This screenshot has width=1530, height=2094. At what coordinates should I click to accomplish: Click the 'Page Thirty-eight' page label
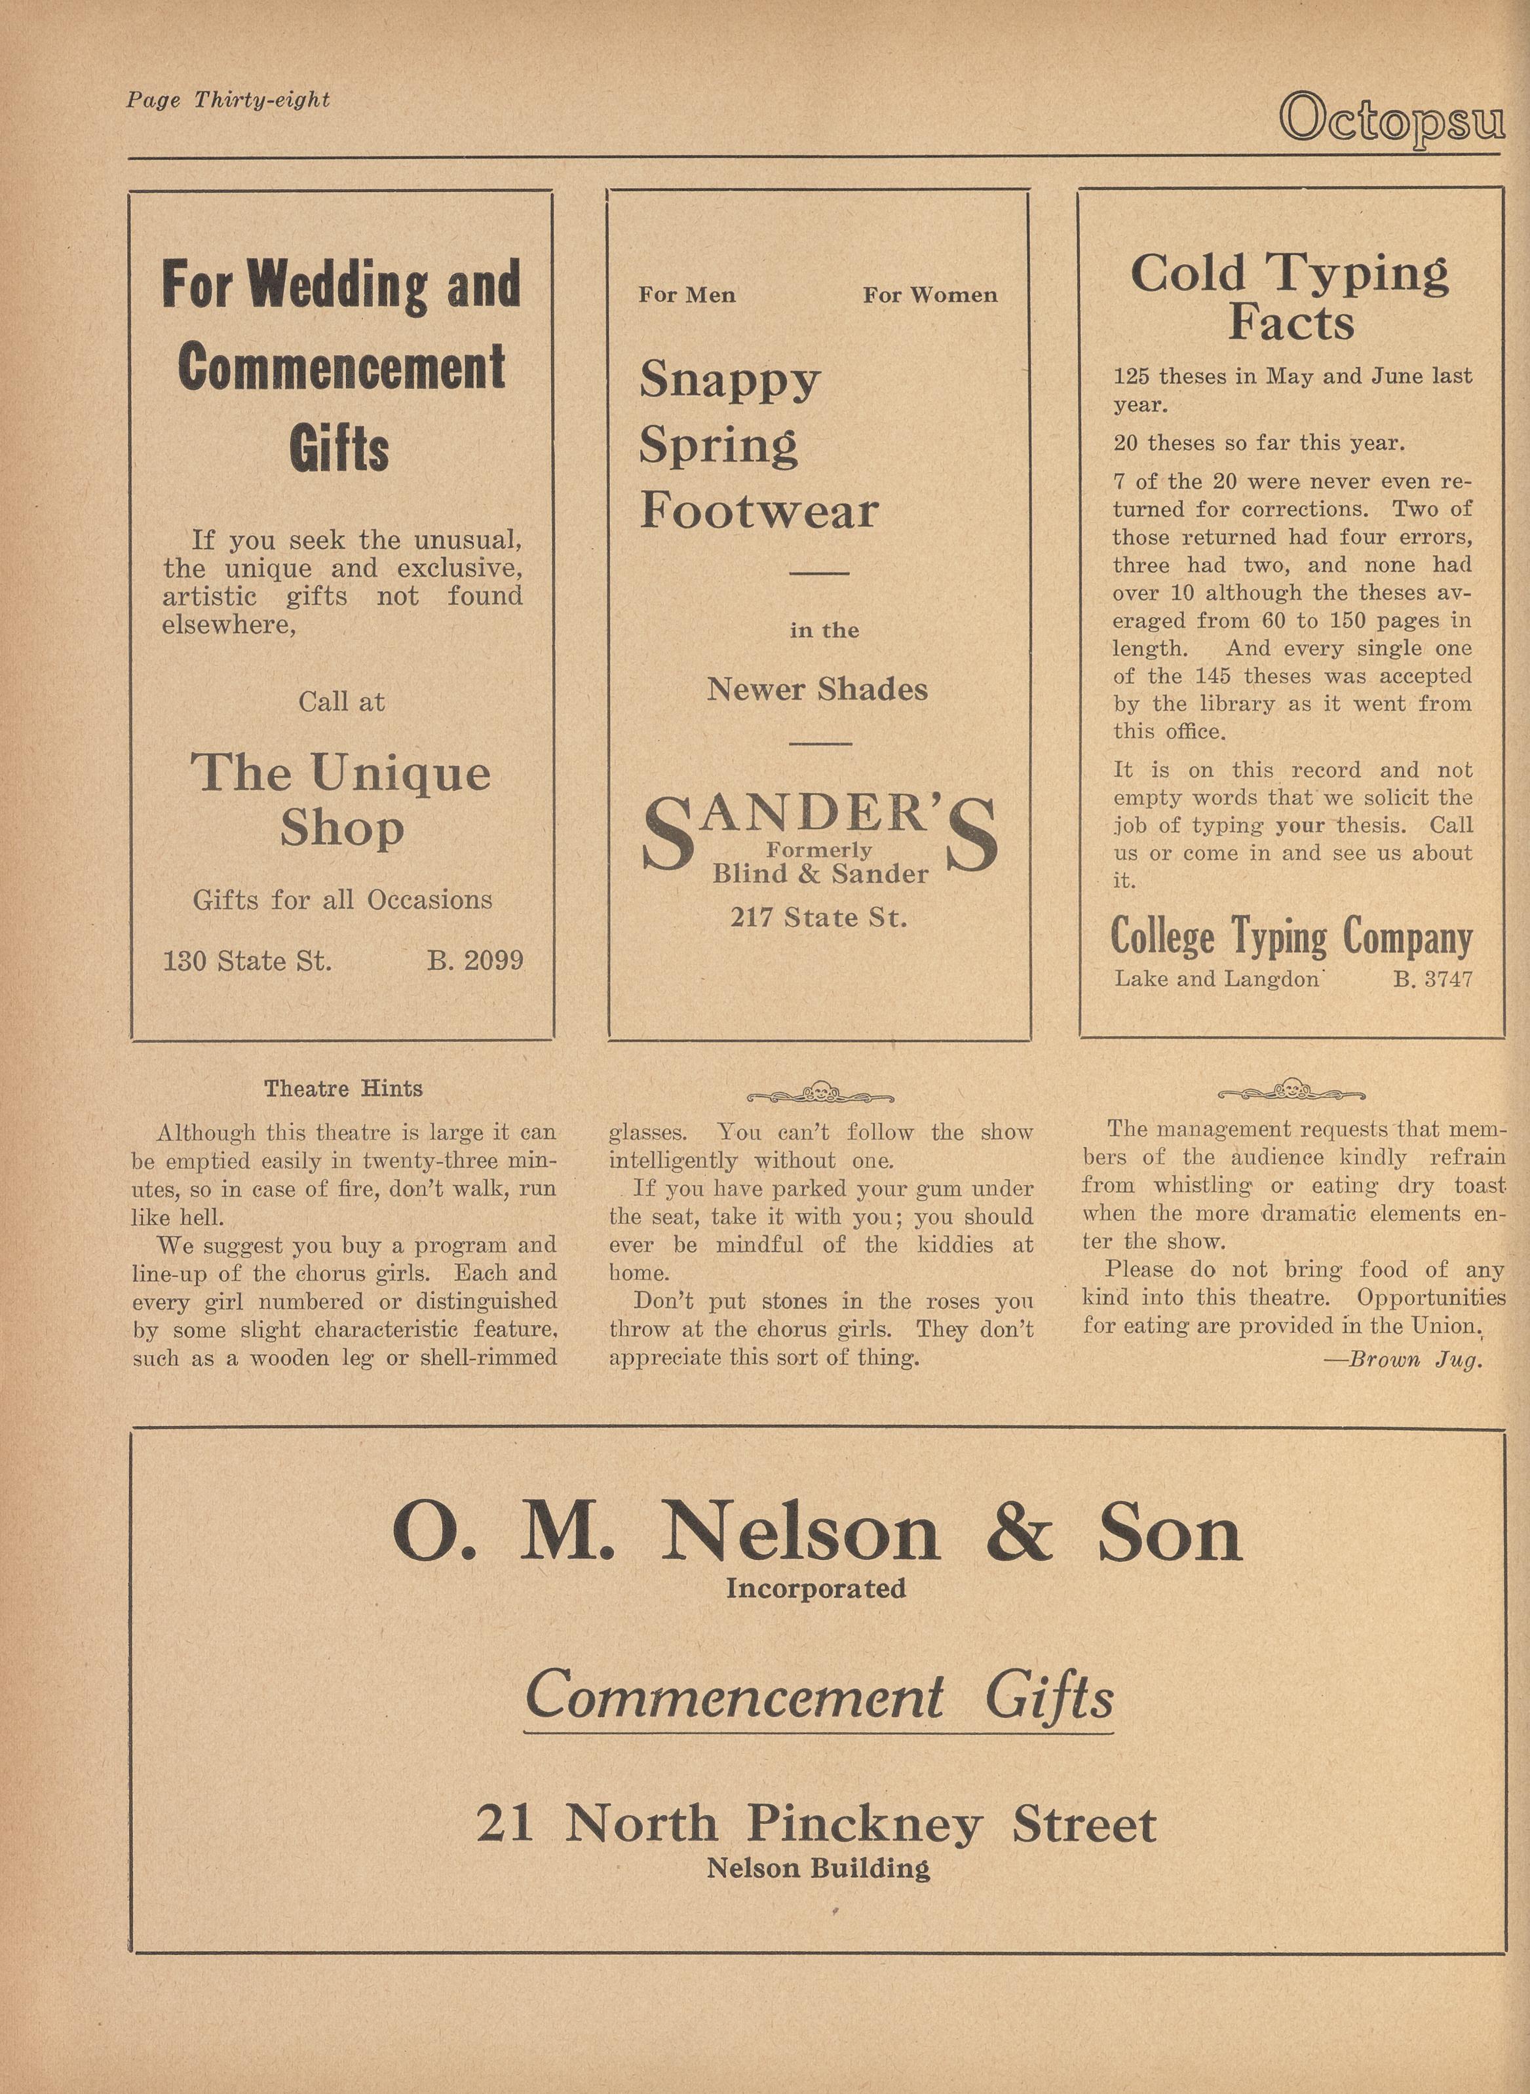pos(228,100)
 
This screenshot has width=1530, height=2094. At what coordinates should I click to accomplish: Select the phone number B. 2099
pos(475,960)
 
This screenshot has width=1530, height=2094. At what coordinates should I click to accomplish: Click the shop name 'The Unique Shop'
pos(341,799)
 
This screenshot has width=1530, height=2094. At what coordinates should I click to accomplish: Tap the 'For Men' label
pos(686,296)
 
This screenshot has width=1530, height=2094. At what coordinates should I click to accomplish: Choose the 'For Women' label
pos(930,296)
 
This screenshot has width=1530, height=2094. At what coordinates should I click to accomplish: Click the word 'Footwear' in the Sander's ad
pos(759,511)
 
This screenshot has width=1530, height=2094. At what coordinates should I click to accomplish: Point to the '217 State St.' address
pos(818,918)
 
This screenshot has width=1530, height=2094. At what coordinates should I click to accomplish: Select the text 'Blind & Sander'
pos(820,874)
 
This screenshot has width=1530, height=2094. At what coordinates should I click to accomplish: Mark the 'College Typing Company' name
pos(1291,937)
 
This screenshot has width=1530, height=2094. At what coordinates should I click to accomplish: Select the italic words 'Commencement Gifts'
pos(818,1695)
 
